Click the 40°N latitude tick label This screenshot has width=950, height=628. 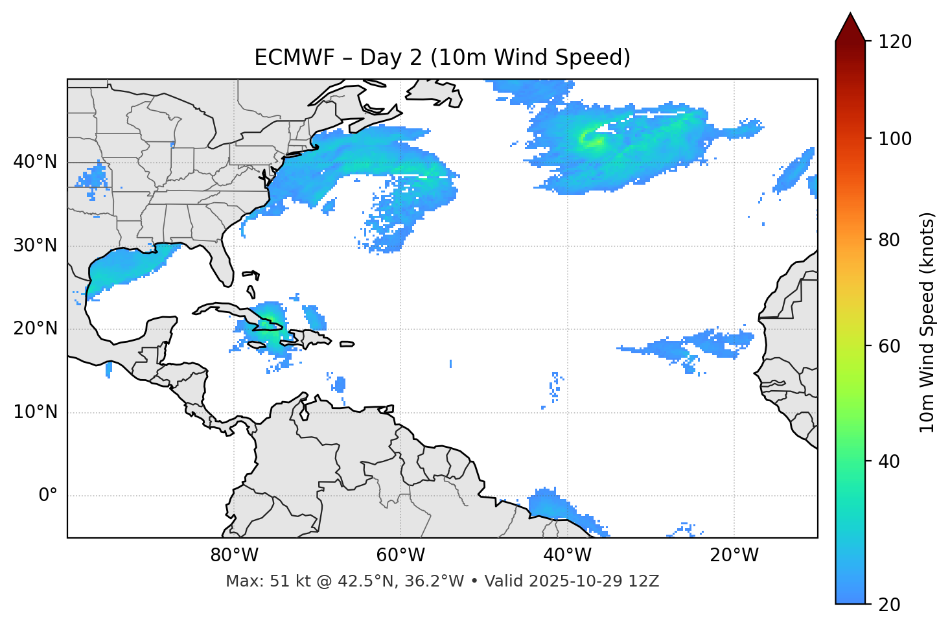tap(35, 162)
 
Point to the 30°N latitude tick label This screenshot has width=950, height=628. tap(35, 246)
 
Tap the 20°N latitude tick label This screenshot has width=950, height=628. tap(35, 329)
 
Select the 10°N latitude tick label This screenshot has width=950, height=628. tap(35, 412)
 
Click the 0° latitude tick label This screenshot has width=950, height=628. tap(48, 496)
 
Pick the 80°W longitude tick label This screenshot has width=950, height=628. tap(234, 555)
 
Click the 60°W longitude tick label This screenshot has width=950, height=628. tap(400, 555)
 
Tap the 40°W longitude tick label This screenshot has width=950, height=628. tap(567, 555)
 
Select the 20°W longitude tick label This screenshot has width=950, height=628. tap(734, 555)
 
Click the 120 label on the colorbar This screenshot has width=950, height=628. tap(895, 41)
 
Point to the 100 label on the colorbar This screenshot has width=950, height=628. tap(895, 139)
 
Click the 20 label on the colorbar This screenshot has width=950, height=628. tap(890, 605)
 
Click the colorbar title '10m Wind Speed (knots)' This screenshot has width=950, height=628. tap(927, 323)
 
